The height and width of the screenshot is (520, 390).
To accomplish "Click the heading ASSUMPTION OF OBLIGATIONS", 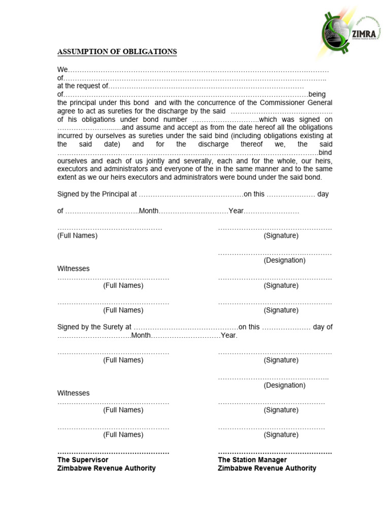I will (x=117, y=52).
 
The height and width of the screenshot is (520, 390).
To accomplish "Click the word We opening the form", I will (x=62, y=70).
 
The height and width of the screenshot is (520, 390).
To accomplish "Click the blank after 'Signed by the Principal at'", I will (x=190, y=194).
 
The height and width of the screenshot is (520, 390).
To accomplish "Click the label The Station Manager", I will (x=252, y=460).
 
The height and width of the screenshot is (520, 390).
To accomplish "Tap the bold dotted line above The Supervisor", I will (x=113, y=452).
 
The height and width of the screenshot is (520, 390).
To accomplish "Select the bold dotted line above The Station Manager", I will (x=275, y=452).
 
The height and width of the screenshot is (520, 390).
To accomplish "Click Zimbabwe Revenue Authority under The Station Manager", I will (x=267, y=468).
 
